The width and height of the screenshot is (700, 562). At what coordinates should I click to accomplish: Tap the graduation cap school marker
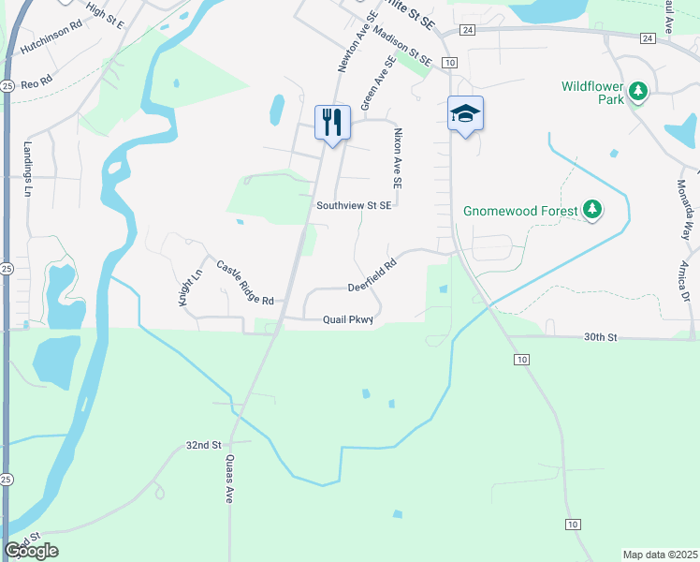tap(465, 114)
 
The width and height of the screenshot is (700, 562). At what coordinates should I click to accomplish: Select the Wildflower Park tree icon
tap(639, 92)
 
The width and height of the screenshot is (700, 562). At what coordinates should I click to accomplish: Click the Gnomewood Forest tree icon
tap(591, 210)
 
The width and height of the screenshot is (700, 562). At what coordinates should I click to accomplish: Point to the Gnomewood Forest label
tap(514, 211)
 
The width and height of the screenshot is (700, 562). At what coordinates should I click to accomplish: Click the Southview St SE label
tap(353, 206)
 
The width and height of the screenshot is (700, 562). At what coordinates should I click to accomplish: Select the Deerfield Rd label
tap(372, 276)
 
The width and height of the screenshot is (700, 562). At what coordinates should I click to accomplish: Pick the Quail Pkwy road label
tap(348, 319)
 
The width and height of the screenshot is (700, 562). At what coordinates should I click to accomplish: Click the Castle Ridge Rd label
tap(244, 284)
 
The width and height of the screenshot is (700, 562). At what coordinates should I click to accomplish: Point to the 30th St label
tap(601, 336)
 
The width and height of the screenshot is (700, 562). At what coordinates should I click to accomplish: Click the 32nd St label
tap(202, 445)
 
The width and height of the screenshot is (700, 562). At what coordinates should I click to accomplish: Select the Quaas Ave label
tap(228, 480)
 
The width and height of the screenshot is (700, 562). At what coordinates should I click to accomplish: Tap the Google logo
tap(31, 551)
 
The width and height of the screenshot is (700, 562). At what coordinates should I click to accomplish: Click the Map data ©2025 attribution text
tap(660, 555)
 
